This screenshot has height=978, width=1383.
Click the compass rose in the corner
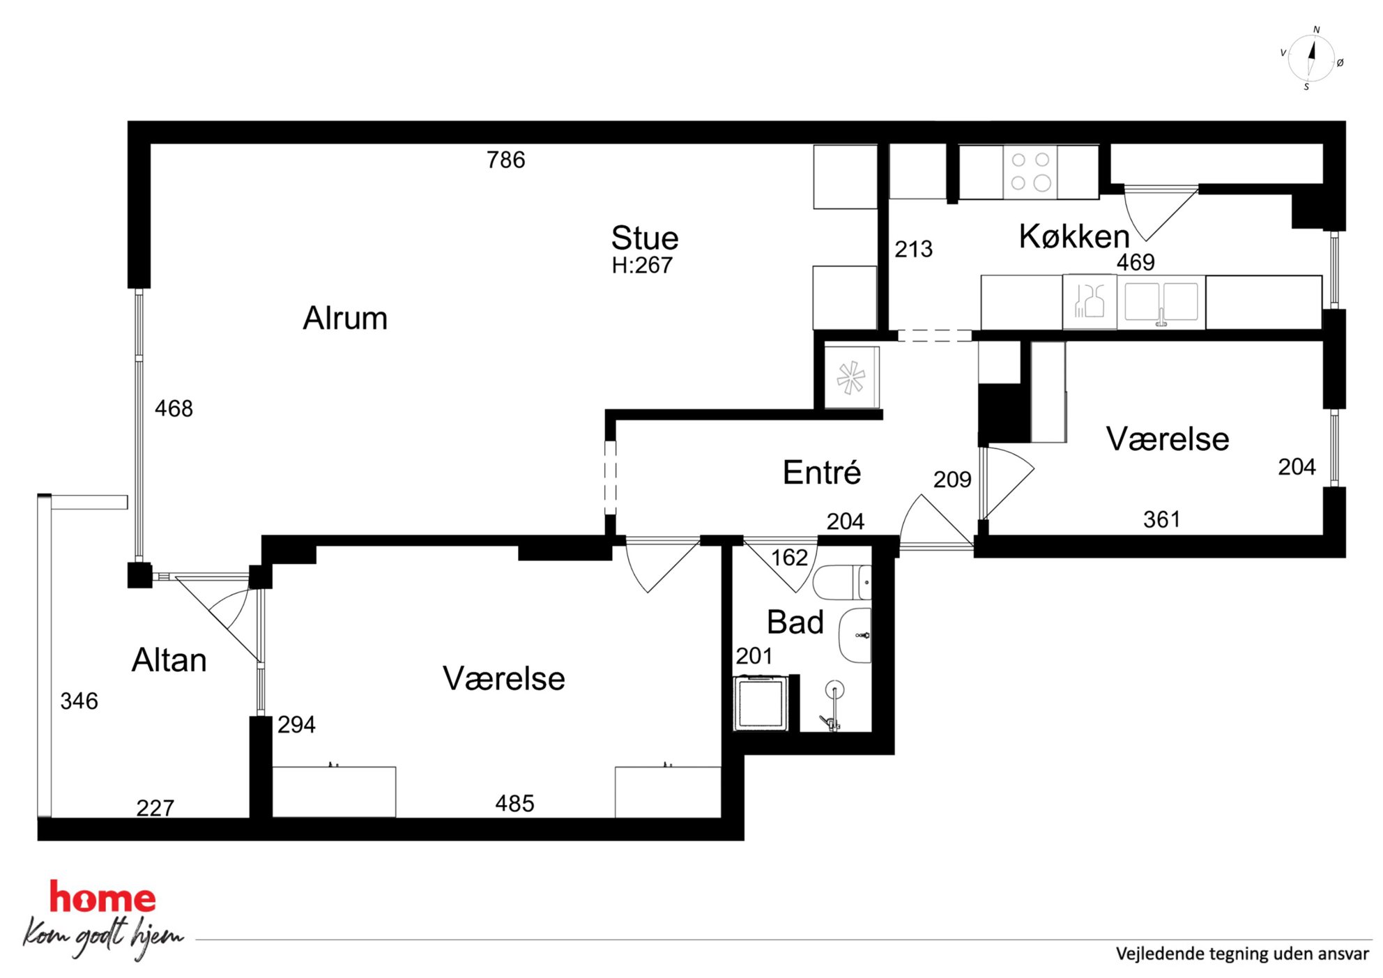point(1311,59)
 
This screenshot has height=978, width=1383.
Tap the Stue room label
point(645,238)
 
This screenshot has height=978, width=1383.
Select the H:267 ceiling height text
point(642,266)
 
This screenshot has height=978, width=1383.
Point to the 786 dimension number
point(506,160)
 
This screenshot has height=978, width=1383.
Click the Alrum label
point(345,318)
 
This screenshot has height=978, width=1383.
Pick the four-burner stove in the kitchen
point(1030,171)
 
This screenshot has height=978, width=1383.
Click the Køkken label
point(1074,236)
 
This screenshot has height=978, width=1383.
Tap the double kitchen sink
point(1161,302)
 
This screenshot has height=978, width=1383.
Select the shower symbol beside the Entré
point(851,378)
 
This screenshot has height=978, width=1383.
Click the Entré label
point(822,473)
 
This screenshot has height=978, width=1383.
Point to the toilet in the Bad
point(842,582)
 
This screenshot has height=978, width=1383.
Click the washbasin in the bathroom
point(855,635)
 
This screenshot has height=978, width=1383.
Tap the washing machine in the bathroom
point(761,703)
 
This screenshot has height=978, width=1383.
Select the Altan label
point(169,660)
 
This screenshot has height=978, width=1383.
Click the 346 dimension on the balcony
point(79,701)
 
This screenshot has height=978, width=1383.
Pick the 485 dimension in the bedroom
point(515,804)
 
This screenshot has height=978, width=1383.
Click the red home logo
point(102,897)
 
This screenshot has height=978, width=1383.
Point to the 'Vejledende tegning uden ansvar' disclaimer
point(1242,954)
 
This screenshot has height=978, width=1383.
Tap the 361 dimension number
point(1162,519)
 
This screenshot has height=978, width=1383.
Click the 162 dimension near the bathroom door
point(790,558)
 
